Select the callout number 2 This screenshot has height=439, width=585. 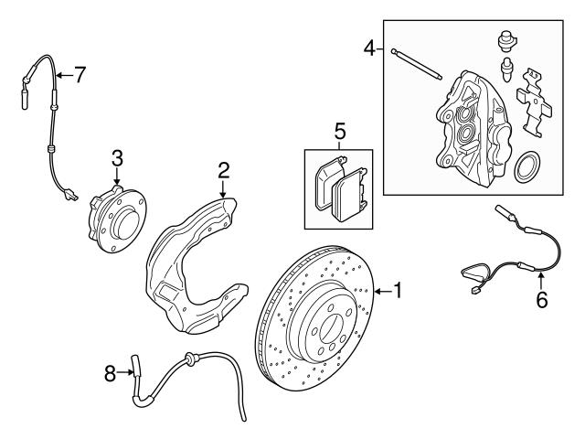[222, 171]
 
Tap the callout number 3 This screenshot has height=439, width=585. [117, 156]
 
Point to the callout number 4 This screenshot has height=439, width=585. [368, 48]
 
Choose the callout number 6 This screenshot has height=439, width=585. [542, 299]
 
